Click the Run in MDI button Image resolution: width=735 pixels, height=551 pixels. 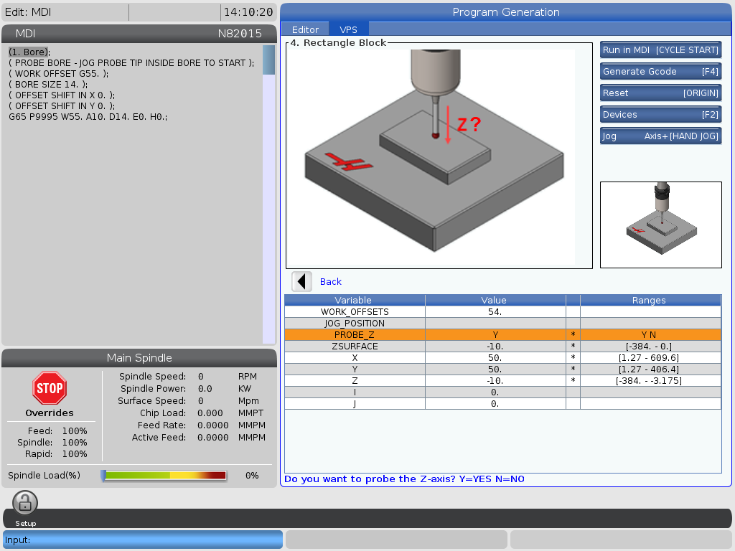660,50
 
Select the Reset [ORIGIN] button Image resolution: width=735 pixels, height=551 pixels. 660,93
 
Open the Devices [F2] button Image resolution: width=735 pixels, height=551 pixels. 660,114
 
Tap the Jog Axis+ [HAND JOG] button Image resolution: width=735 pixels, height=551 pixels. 660,136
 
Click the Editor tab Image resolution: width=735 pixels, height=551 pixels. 305,29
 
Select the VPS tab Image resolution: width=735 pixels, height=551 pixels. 348,29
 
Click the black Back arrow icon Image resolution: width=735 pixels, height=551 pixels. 302,281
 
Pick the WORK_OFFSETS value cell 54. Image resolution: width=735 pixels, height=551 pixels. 495,311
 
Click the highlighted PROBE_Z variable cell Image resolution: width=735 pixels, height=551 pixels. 355,334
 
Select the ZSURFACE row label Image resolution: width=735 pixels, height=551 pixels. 355,347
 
